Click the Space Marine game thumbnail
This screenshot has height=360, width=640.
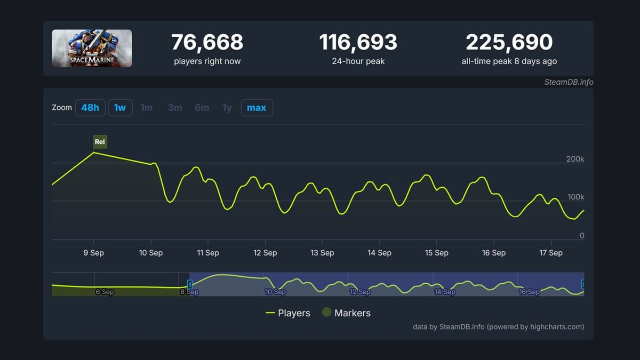92,48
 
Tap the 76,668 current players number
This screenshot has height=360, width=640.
207,43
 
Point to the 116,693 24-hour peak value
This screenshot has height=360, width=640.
358,43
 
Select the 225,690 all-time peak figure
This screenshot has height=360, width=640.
509,43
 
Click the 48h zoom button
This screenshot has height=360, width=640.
90,108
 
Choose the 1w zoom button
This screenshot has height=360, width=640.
120,108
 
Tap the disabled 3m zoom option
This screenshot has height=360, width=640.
175,108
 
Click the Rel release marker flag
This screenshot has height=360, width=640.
100,142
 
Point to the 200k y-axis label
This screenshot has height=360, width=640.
575,159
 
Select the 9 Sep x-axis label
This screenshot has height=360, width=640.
94,253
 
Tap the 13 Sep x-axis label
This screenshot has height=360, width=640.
322,253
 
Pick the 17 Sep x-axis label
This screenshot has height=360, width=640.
551,253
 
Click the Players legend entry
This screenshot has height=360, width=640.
288,313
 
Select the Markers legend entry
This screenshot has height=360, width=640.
347,313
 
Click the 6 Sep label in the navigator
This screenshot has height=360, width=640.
105,292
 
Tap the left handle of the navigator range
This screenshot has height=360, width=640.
189,284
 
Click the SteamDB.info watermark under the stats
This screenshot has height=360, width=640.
569,82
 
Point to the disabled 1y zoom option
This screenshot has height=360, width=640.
227,108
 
